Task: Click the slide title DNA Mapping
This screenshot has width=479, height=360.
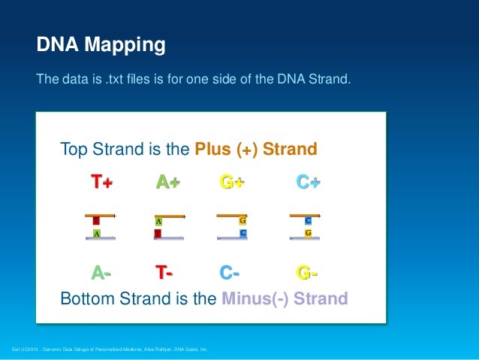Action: [101, 46]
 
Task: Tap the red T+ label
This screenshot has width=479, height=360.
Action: [101, 183]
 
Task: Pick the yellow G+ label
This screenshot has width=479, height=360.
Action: [232, 183]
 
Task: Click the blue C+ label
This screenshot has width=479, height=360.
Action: [308, 183]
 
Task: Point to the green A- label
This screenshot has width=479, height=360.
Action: [101, 272]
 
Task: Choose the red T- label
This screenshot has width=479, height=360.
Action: [164, 272]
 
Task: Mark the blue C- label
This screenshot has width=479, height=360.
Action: [230, 272]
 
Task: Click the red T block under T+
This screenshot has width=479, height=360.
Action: [96, 221]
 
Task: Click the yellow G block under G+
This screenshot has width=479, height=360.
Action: [243, 221]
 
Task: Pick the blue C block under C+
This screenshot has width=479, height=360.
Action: [308, 221]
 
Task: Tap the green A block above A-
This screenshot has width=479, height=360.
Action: [97, 234]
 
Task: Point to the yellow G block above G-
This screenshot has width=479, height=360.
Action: [308, 234]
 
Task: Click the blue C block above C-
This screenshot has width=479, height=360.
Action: [243, 234]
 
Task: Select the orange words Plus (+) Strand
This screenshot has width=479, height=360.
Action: [256, 149]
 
